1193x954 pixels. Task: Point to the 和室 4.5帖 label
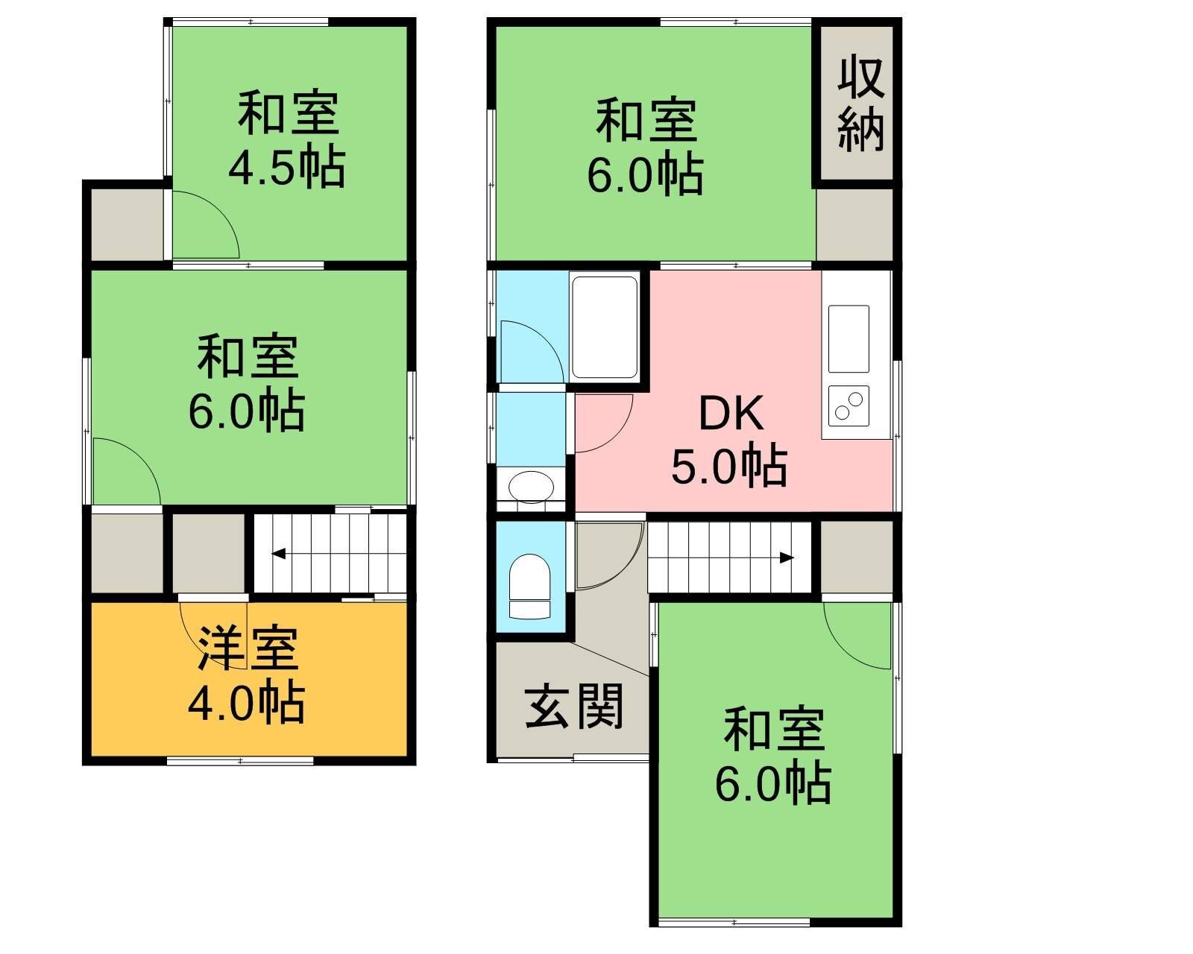pos(287,140)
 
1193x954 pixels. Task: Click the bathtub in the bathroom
pos(604,327)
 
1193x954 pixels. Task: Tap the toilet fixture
pos(529,587)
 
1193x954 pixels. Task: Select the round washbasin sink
pos(531,487)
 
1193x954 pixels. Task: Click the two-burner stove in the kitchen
pos(849,406)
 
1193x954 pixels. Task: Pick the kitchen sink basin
pos(849,338)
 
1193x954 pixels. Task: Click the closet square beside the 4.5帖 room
pos(127,224)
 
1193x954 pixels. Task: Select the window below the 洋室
pos(240,761)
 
